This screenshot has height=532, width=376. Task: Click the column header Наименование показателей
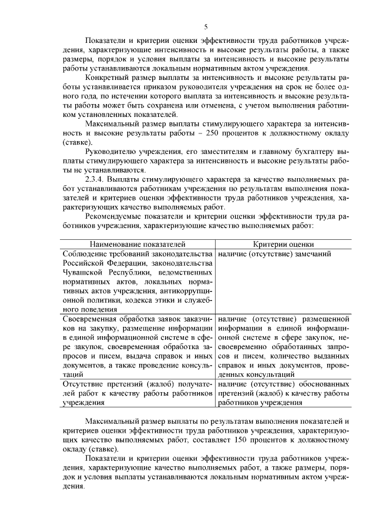click(138, 244)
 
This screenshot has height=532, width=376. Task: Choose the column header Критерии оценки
click(284, 244)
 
